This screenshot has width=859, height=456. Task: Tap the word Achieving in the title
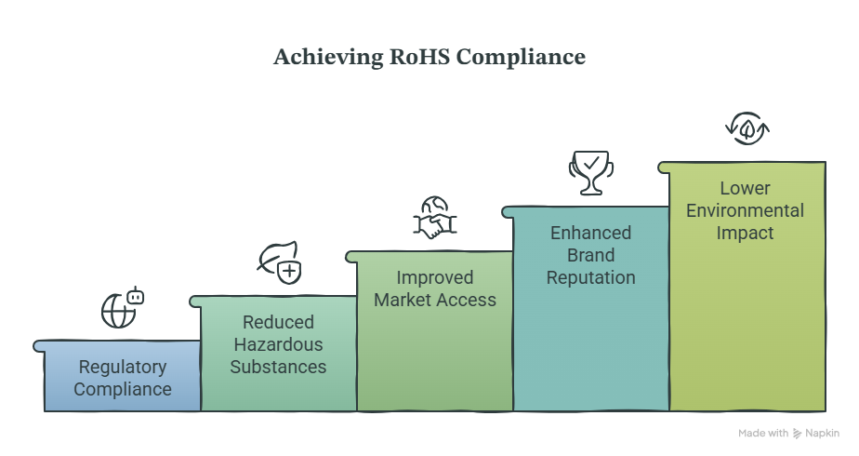coord(329,58)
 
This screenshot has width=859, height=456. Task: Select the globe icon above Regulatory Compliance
coord(123,308)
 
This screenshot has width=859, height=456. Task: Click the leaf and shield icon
coord(280,262)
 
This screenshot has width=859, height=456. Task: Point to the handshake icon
coord(435,218)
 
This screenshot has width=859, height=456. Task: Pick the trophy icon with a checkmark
coord(591,173)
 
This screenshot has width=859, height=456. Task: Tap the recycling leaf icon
coord(747,128)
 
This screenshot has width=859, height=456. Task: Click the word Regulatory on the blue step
coord(123,368)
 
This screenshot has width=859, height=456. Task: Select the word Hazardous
coord(278,344)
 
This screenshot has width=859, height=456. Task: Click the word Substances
coord(278,368)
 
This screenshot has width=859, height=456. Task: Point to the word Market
coord(404,301)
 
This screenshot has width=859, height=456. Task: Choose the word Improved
coord(435,278)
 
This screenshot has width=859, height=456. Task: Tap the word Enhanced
coord(591,233)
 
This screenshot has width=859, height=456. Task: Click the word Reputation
coord(591,278)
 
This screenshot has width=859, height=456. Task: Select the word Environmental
coord(745,211)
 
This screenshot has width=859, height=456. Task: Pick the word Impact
coord(745,234)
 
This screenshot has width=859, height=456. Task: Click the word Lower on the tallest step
coord(745,189)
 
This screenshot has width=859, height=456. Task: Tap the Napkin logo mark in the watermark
coord(797,434)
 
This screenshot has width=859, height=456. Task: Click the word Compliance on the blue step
coord(123,390)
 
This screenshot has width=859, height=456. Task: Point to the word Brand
coord(591,255)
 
